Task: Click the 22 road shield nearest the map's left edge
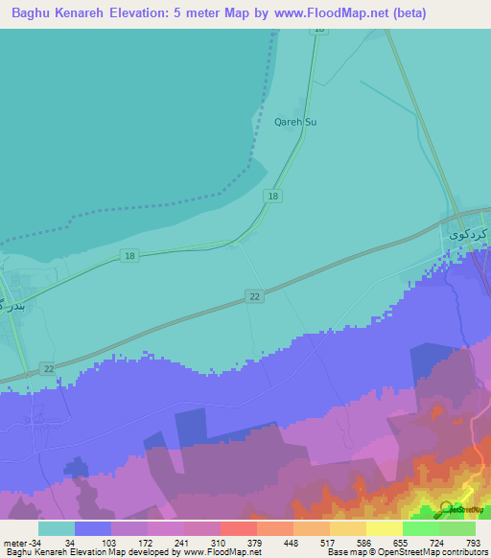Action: coord(48,369)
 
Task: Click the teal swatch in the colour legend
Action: coord(57,528)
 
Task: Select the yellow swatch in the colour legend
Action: coord(385,528)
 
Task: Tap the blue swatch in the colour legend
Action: coord(93,528)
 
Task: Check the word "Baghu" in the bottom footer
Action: coord(18,552)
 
